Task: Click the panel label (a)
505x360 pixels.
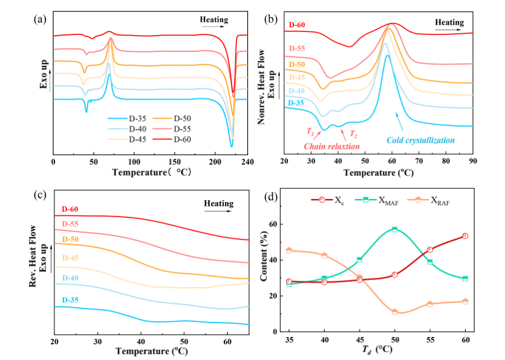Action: pyautogui.click(x=41, y=18)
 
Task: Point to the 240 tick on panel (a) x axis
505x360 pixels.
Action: pyautogui.click(x=247, y=162)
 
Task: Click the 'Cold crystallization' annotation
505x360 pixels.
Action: pyautogui.click(x=420, y=140)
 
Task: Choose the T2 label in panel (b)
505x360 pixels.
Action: pyautogui.click(x=353, y=134)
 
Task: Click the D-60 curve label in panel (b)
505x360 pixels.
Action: pyautogui.click(x=296, y=25)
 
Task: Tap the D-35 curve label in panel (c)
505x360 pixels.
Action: pyautogui.click(x=71, y=300)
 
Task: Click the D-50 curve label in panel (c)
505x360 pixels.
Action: pyautogui.click(x=71, y=240)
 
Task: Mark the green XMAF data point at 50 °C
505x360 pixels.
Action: pyautogui.click(x=394, y=229)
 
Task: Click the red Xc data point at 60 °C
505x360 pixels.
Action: pyautogui.click(x=464, y=236)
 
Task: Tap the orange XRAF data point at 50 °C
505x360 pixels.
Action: pyautogui.click(x=394, y=312)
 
